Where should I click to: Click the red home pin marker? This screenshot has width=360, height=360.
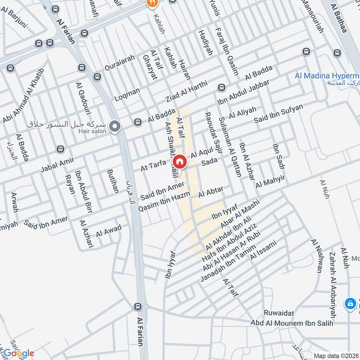coord(179,161)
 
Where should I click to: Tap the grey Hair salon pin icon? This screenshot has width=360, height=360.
coord(115,126)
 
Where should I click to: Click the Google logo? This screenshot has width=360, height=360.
coord(19,353)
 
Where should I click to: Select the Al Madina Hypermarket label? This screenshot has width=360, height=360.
coord(326,76)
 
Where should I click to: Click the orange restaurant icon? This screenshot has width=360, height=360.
coord(151,3)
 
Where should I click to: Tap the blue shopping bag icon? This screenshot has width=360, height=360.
coord(350,304)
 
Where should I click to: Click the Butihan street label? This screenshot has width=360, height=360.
coord(112,181)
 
